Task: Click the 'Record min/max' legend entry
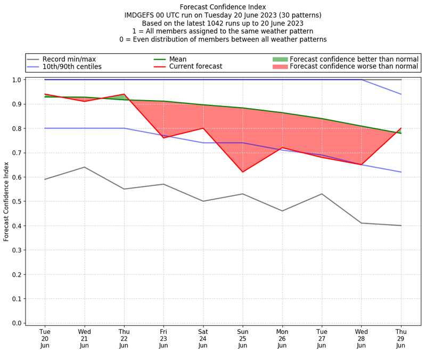click(68, 59)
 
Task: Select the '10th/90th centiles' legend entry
click(72, 67)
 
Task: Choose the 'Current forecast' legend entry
click(195, 67)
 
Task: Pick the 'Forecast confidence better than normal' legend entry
click(354, 59)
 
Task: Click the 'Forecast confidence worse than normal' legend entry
click(354, 67)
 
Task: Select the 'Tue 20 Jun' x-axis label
click(45, 338)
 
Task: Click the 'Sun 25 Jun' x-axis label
click(242, 338)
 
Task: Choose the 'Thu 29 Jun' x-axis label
click(400, 338)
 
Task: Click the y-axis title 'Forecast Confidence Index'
click(7, 201)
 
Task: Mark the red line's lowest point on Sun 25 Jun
click(242, 172)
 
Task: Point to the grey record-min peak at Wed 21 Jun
click(84, 167)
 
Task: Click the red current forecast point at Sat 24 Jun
click(203, 128)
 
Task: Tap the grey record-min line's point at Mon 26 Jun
click(282, 211)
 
